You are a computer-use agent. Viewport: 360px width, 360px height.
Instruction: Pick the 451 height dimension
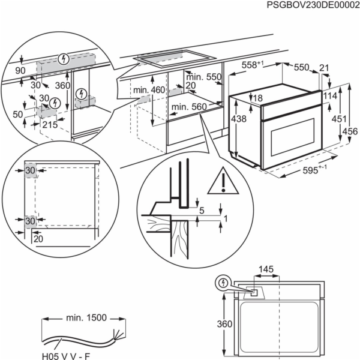(339, 118)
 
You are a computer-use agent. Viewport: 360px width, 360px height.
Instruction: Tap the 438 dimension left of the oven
(239, 119)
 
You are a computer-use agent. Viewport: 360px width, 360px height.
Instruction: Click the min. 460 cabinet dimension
(149, 89)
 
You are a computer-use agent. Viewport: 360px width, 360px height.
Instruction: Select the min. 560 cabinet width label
(188, 108)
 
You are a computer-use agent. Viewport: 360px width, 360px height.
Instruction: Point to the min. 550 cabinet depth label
(203, 77)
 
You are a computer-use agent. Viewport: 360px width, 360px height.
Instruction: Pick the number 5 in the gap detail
(202, 211)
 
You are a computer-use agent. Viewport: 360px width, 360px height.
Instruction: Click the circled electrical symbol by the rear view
(223, 283)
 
